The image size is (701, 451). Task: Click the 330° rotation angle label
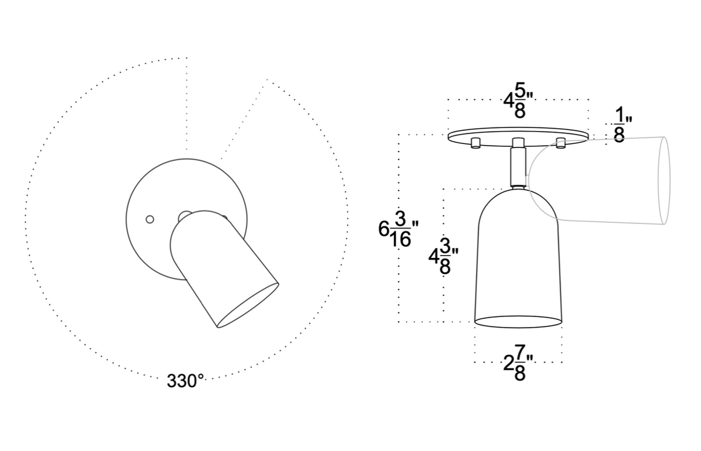185,381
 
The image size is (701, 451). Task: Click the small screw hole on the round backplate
150,219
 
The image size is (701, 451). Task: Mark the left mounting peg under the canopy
476,143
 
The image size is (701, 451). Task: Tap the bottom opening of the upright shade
518,322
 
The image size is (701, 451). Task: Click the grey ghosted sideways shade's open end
664,180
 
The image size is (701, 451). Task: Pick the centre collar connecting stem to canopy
518,143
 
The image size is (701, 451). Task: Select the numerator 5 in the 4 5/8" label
519,92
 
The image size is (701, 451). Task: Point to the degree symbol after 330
200,378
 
